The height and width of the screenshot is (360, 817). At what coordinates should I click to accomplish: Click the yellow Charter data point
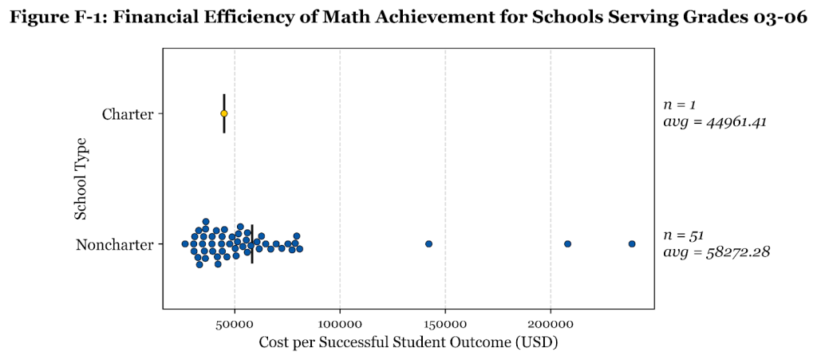224,113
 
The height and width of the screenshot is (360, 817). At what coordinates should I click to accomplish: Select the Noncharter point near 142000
428,243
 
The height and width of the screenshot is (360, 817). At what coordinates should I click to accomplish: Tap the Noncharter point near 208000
567,243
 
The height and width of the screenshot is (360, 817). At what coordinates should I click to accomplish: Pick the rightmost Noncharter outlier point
632,243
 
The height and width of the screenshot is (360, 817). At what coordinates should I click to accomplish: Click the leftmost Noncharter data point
185,243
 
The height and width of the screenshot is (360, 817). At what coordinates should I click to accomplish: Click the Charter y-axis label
128,114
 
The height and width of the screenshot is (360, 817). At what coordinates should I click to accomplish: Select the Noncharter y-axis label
114,244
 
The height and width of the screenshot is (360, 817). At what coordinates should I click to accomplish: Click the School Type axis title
81,179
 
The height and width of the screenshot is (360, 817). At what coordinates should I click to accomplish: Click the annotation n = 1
680,105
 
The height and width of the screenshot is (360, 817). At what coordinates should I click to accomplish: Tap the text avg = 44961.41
715,122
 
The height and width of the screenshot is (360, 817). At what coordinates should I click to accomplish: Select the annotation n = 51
683,235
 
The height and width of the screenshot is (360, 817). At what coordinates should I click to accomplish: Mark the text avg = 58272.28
716,252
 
